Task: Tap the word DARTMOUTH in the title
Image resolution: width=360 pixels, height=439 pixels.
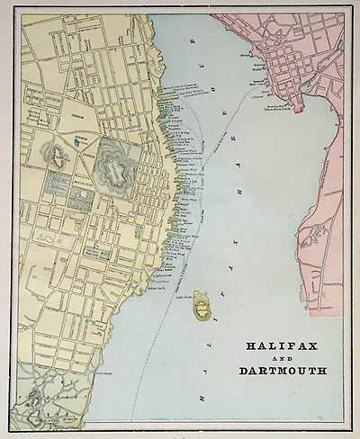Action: pyautogui.click(x=283, y=370)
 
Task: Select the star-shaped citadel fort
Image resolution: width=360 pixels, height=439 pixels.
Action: pyautogui.click(x=117, y=165)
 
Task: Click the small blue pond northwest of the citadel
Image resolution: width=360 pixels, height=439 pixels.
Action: pyautogui.click(x=81, y=141)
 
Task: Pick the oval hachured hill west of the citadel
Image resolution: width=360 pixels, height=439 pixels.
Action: pyautogui.click(x=57, y=157)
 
